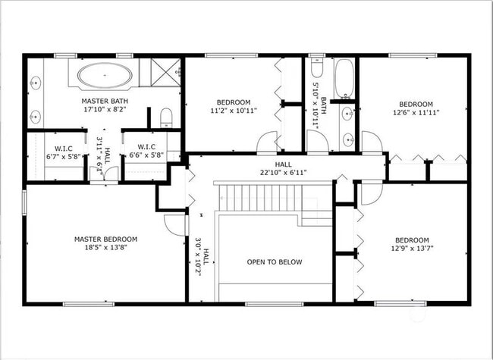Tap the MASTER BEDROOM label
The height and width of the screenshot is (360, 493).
[105, 239]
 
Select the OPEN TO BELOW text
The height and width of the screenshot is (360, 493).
[275, 262]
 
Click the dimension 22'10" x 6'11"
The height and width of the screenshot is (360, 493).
[284, 173]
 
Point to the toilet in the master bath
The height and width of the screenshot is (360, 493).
[166, 117]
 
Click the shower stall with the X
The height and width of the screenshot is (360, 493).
[165, 72]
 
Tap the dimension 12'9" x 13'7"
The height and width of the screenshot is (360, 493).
[412, 248]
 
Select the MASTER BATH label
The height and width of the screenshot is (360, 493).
[105, 101]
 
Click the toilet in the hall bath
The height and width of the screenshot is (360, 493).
[316, 67]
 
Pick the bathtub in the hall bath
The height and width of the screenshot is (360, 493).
[344, 79]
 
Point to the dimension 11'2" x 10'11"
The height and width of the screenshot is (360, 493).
[234, 111]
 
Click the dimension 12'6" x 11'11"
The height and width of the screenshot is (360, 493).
[416, 112]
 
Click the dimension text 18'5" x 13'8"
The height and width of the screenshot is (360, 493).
[105, 247]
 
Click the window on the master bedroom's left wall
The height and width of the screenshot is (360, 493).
[24, 202]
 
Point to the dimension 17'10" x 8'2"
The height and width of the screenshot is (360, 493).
[105, 109]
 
